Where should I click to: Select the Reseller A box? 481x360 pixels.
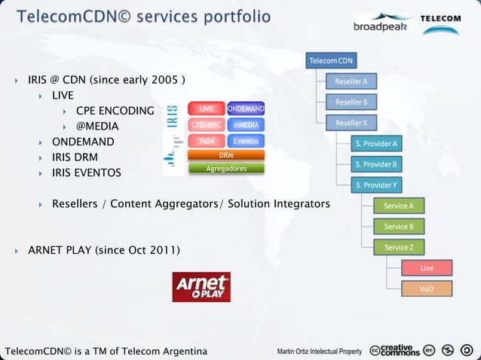(351, 81)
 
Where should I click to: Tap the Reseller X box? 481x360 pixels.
(351, 123)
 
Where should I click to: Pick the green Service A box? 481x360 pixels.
(399, 206)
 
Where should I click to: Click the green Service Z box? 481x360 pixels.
(399, 247)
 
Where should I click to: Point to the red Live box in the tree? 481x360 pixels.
(427, 267)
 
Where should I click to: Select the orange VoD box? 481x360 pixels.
(427, 288)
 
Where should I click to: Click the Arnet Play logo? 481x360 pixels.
(201, 287)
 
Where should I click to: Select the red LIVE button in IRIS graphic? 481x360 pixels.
(206, 110)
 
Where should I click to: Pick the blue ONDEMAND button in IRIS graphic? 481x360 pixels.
(246, 110)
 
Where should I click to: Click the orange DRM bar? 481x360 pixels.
(226, 155)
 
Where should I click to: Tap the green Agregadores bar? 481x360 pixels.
(226, 169)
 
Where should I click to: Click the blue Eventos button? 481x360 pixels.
(246, 141)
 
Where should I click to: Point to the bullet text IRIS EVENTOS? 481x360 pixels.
(86, 173)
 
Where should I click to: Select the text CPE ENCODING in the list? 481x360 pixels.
(115, 111)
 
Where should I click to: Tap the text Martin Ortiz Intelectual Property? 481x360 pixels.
(320, 351)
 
